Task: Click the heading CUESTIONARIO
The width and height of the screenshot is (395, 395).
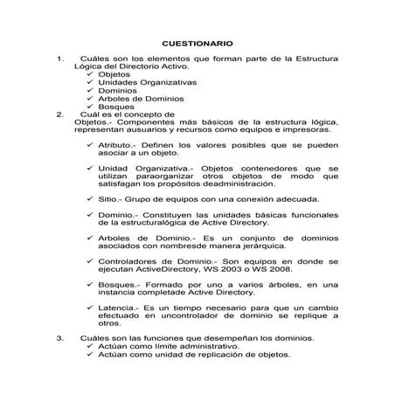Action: click(197, 43)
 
